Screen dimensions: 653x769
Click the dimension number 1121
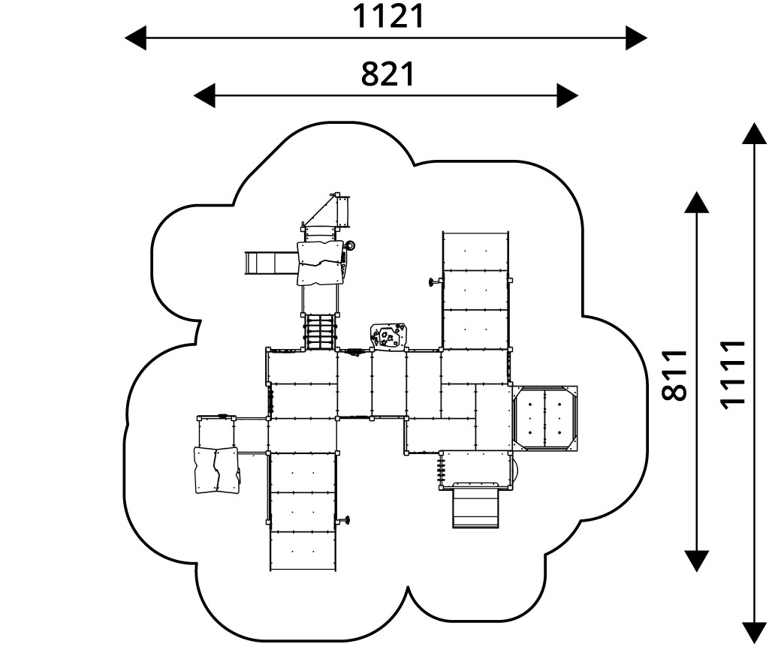[x=389, y=17]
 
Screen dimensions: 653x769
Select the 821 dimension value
[x=388, y=74]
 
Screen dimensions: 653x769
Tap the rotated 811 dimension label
[x=677, y=375]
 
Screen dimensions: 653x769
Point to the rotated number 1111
[x=732, y=375]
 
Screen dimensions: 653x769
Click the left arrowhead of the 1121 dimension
[x=136, y=38]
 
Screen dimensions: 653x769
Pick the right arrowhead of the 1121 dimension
[x=636, y=38]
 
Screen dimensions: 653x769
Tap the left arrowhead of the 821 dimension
[x=204, y=96]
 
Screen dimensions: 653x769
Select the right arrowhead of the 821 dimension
[x=567, y=96]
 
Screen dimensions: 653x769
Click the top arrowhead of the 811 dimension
[x=697, y=203]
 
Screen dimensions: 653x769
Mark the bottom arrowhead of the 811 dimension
[x=697, y=560]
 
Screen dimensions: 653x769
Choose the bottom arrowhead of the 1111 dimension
[x=753, y=633]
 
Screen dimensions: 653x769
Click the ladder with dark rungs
[x=319, y=332]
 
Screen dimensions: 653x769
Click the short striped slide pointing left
[x=270, y=263]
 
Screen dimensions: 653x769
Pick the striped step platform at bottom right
[x=476, y=507]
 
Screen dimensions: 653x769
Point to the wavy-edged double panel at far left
[x=216, y=471]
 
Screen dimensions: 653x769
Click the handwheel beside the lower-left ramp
[x=345, y=520]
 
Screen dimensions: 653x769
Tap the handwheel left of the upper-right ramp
[x=433, y=282]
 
